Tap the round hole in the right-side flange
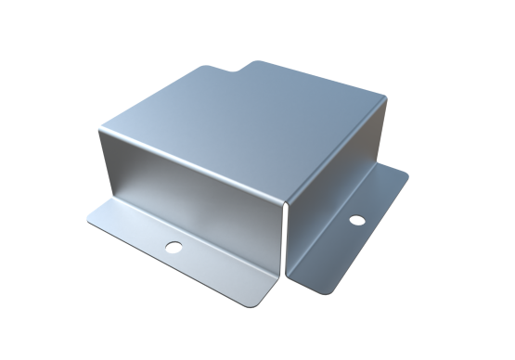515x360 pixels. pos(355,221)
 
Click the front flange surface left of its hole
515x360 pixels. pos(130,232)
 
